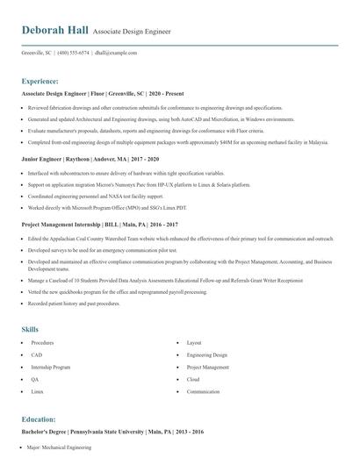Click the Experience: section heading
[x=46, y=80]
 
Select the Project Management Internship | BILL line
[x=93, y=225]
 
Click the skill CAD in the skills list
[x=35, y=354]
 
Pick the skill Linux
[x=37, y=391]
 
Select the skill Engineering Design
[x=207, y=354]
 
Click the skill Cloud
[x=193, y=379]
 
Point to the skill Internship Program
[x=50, y=367]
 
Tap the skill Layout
[x=194, y=342]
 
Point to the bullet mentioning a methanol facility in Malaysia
[x=177, y=141]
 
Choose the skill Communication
[x=203, y=391]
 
